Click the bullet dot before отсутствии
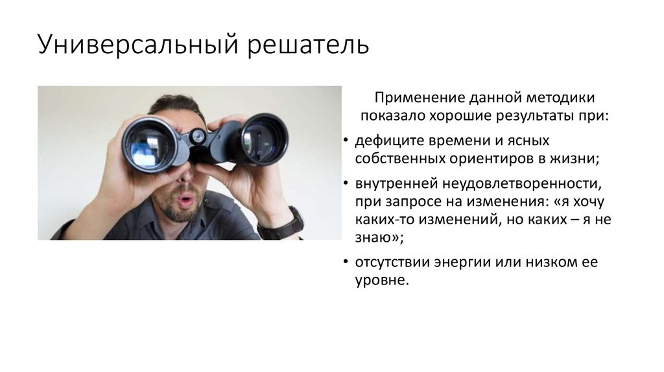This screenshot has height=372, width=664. pos(344,262)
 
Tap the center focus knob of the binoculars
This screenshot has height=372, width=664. pos(198,136)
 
